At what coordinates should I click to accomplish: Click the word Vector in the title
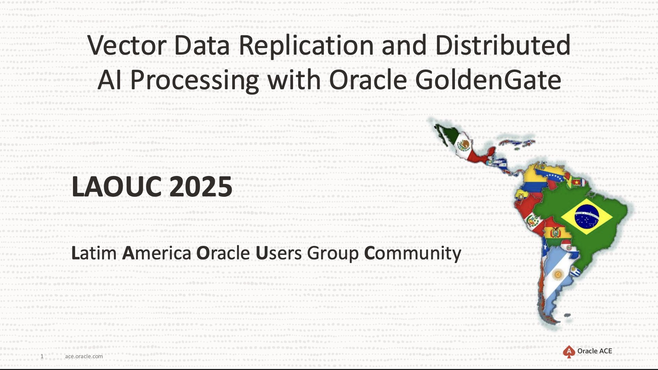[x=127, y=45]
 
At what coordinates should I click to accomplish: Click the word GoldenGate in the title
[x=488, y=80]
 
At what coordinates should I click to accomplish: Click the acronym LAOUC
[x=117, y=187]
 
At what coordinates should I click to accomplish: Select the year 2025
[x=201, y=187]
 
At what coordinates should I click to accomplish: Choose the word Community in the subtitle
[x=413, y=254]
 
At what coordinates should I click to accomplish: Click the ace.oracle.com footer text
[x=84, y=356]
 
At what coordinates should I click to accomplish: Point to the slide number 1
[x=42, y=356]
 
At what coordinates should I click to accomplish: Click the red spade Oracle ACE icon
[x=569, y=352]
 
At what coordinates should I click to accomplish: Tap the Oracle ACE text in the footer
[x=595, y=351]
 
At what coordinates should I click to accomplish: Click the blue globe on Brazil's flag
[x=587, y=216]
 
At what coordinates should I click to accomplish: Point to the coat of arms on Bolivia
[x=555, y=233]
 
